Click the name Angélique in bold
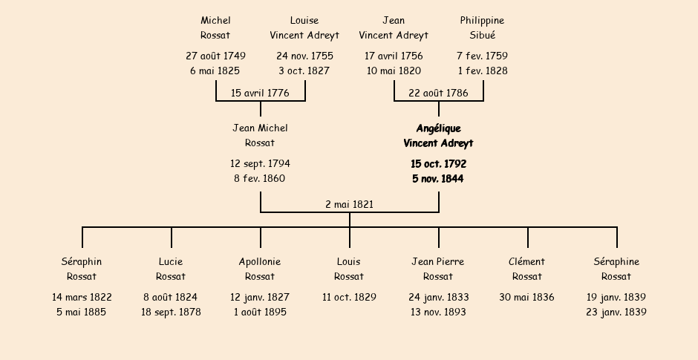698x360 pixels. tap(438, 128)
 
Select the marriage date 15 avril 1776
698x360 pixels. tap(260, 93)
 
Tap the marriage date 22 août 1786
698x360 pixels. tap(438, 93)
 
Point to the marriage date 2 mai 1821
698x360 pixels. tap(349, 204)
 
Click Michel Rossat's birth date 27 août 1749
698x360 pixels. tap(215, 56)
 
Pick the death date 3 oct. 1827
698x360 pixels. tap(304, 71)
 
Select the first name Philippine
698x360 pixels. tap(482, 20)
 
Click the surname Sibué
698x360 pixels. tap(482, 35)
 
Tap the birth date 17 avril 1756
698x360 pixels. tap(394, 56)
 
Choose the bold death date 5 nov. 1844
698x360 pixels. tap(438, 178)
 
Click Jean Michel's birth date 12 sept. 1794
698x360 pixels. tap(260, 163)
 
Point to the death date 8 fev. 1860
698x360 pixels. tap(260, 178)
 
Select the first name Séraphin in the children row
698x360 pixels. tap(82, 261)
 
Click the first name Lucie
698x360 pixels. tap(171, 261)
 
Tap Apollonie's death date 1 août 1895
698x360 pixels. tap(260, 312)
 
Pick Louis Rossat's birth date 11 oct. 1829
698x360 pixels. tap(349, 297)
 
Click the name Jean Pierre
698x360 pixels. tap(438, 261)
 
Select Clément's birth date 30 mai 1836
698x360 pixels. tap(526, 297)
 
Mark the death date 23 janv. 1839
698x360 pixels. tap(616, 312)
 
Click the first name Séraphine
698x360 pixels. tap(616, 261)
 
